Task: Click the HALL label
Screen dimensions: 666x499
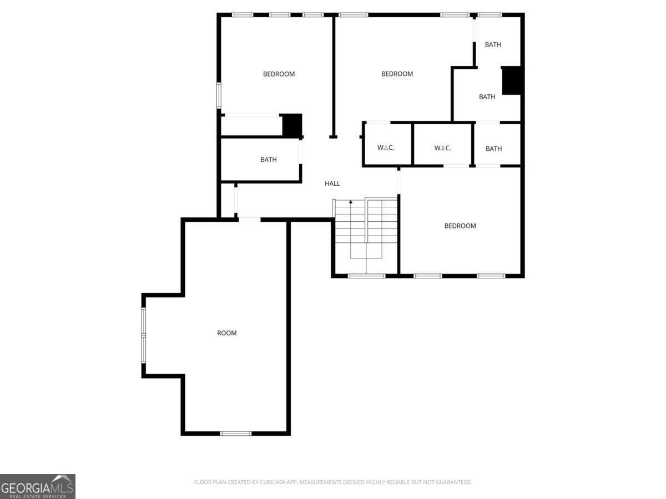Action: [332, 184]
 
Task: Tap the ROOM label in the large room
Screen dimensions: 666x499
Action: [226, 333]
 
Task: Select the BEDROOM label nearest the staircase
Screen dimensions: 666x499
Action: [460, 226]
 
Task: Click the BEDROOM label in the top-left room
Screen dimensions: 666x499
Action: [279, 74]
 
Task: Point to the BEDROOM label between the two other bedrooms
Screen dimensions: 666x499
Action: [397, 74]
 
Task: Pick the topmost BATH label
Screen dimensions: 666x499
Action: [493, 44]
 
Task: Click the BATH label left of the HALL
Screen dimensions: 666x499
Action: [269, 159]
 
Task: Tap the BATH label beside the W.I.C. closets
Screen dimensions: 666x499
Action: [493, 149]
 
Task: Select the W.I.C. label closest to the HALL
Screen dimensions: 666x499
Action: [386, 147]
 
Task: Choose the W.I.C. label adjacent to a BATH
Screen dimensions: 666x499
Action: [442, 148]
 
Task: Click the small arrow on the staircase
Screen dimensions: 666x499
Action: [351, 201]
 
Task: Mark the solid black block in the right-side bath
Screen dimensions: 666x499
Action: [512, 80]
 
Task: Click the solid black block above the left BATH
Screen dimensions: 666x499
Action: [292, 125]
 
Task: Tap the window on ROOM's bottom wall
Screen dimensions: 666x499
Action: [236, 434]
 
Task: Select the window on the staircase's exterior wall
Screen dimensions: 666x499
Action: [366, 276]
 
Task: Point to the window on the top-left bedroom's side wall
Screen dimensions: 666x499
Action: [219, 95]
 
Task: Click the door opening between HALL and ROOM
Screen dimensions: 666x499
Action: [249, 220]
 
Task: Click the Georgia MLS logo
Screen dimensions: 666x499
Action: [38, 487]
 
